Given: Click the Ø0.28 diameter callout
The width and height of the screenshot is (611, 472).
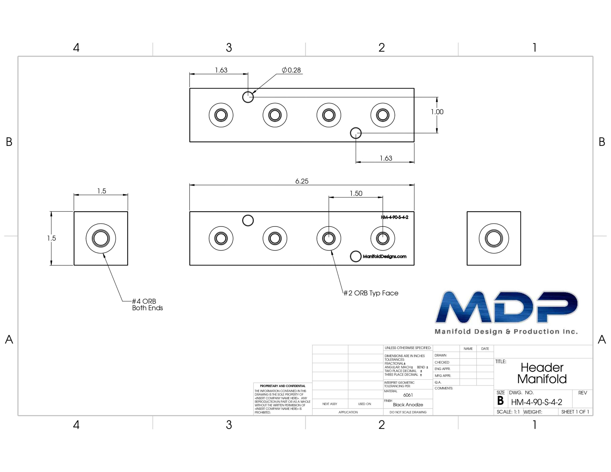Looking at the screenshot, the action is (x=291, y=70).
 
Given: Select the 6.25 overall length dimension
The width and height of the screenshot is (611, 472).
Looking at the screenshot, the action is (x=302, y=181).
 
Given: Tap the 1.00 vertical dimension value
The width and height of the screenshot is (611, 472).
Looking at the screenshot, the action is (x=437, y=112).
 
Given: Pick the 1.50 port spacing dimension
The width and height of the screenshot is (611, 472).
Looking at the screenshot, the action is (x=356, y=193).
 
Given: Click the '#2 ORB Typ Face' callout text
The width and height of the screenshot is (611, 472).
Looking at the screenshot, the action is (x=371, y=293).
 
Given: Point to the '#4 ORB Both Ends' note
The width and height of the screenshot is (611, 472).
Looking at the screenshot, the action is (x=147, y=304).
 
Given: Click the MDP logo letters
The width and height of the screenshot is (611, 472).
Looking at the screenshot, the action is (x=506, y=307).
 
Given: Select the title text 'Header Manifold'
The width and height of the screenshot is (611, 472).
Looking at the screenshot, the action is (x=542, y=373).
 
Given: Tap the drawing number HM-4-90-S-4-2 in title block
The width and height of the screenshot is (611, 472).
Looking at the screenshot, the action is (x=537, y=402).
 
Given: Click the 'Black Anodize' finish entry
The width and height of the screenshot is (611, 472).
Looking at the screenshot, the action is (x=408, y=404).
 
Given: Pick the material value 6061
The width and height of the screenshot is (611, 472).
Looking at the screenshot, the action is (x=408, y=395).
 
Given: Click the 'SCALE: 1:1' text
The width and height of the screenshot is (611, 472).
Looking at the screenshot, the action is (x=508, y=412).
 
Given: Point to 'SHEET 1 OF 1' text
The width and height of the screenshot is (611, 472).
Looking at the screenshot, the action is (x=575, y=412).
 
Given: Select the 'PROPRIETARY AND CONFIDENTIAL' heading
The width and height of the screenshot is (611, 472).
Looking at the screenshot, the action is (x=283, y=386).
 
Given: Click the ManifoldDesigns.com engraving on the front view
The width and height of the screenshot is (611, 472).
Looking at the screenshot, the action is (x=385, y=256).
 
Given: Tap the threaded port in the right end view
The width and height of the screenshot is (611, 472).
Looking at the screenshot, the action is (x=494, y=238).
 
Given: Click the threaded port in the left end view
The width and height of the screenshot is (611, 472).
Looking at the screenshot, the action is (x=101, y=238).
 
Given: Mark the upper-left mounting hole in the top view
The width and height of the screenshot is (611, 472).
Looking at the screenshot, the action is (x=248, y=97).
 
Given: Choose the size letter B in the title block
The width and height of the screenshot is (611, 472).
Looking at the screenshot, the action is (x=500, y=401).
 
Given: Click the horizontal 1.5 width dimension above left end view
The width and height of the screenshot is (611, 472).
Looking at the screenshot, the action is (x=101, y=191).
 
